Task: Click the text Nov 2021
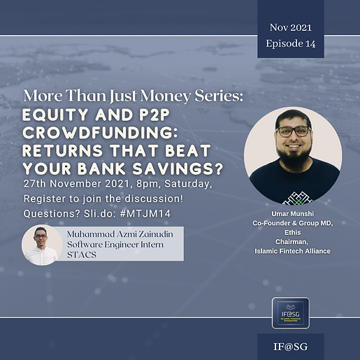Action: pos(290,27)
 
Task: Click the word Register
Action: pos(45,197)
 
